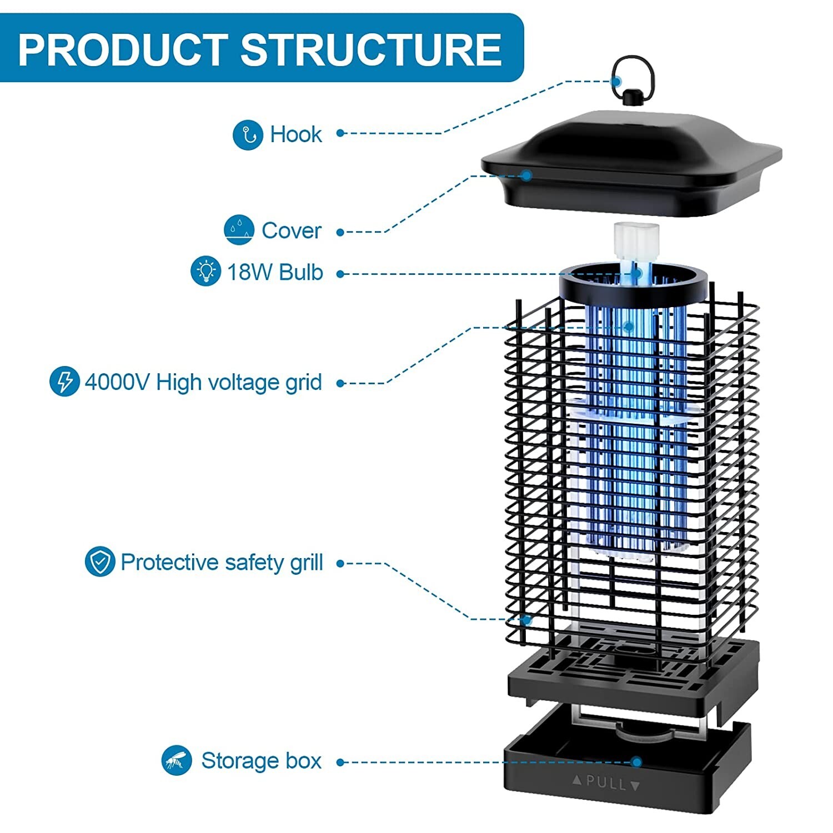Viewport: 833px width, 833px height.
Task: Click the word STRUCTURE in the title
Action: click(x=371, y=49)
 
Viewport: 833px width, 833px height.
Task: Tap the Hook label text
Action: click(x=295, y=134)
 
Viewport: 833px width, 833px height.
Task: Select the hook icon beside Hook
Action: click(x=248, y=134)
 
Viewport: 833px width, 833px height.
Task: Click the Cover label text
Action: click(x=292, y=230)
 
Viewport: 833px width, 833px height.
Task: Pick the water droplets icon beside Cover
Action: click(x=239, y=230)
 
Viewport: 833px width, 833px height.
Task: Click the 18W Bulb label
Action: click(x=275, y=272)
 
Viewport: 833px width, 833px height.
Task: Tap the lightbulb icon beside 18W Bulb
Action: click(x=206, y=271)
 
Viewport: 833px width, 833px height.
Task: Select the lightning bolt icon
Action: click(x=64, y=382)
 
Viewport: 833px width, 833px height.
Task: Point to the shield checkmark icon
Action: click(x=100, y=562)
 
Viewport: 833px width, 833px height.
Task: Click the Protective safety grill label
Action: click(x=222, y=563)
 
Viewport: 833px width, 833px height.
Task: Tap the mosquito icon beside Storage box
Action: click(x=177, y=760)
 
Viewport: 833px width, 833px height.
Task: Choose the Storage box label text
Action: click(x=261, y=761)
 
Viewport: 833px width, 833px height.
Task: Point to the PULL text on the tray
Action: click(x=606, y=784)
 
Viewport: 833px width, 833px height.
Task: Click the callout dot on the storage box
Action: click(x=637, y=762)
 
